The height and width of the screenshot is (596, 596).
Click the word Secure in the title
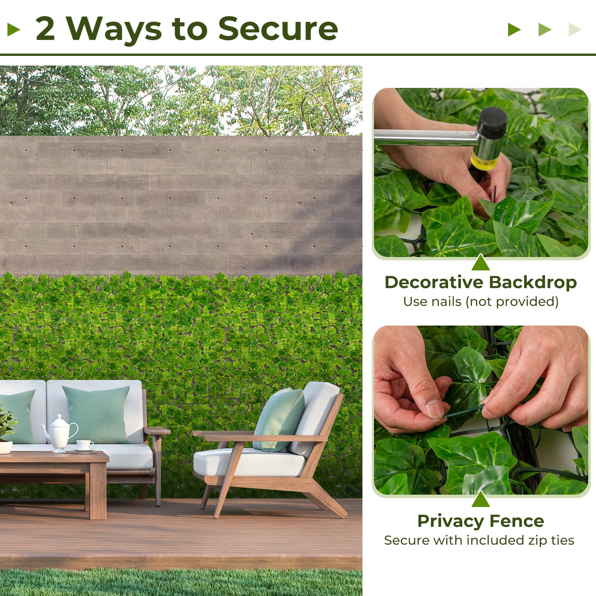[278, 29]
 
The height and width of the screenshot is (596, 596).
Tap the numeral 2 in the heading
[45, 29]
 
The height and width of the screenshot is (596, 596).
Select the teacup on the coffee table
[85, 445]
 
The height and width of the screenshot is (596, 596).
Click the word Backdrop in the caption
[533, 282]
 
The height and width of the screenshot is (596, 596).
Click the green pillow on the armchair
[278, 419]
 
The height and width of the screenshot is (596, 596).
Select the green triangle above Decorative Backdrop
[481, 263]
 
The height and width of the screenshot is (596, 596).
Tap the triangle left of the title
[13, 29]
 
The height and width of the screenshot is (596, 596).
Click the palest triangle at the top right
[574, 29]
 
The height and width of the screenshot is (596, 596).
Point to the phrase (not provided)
[512, 301]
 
